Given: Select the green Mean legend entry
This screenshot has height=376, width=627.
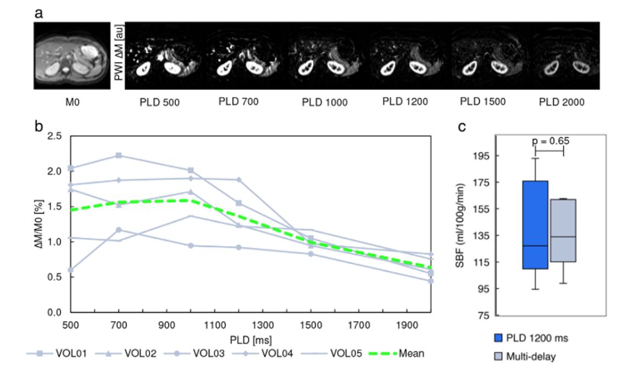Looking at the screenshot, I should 399,353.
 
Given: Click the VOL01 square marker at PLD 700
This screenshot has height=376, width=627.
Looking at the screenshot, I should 119,156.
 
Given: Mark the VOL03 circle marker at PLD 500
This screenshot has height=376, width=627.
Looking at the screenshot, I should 70,270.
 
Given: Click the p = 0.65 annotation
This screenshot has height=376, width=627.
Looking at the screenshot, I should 550,141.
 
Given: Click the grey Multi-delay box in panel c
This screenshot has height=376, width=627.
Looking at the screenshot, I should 563,230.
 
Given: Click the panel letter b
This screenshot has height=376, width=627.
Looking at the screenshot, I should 38,125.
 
